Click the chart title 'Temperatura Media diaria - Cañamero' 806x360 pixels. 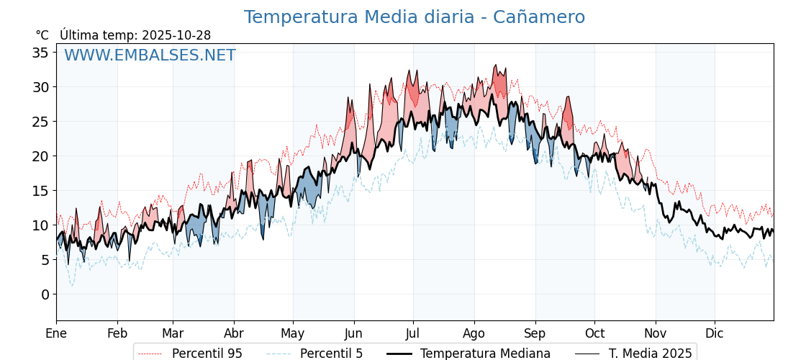pos(414,17)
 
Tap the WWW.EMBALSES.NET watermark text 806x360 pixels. pos(150,55)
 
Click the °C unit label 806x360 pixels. pos(42,35)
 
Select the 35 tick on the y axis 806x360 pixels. pos(40,53)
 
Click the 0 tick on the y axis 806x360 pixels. pos(45,294)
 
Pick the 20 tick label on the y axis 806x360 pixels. pos(40,156)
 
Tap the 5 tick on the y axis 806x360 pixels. pos(45,260)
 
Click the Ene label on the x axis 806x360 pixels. pos(56,333)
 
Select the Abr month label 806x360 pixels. pos(234,333)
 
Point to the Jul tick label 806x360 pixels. pos(413,333)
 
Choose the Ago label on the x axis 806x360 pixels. pos(474,333)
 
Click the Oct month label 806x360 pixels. pos(594,333)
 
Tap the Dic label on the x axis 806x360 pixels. pos(715,333)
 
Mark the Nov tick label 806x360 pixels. pos(656,333)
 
